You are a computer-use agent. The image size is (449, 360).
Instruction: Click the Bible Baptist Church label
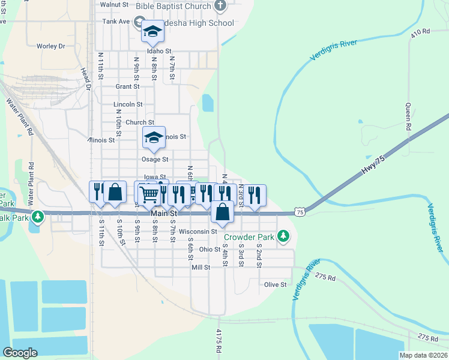pos(173,7)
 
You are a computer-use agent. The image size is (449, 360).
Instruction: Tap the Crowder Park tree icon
pos(283,238)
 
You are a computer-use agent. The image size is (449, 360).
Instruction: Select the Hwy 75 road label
pos(372,166)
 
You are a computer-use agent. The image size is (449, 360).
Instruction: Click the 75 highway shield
pos(300,212)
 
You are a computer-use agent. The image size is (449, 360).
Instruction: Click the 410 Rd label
pos(421,31)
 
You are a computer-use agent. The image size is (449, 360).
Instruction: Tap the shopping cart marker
pos(148,194)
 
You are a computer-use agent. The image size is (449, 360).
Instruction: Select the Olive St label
pos(275,284)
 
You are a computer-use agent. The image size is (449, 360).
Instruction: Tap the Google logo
pos(20,353)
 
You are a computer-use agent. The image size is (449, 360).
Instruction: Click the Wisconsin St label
pos(197,232)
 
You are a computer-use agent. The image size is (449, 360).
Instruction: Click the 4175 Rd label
pos(218,341)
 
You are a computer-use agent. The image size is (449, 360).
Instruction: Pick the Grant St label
pos(127,86)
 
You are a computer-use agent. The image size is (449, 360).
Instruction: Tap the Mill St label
pos(200,267)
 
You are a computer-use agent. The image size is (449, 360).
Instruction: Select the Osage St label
pos(155,160)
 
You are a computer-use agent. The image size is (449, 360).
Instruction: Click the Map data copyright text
pos(423,355)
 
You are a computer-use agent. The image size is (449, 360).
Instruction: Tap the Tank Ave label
pos(116,21)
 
